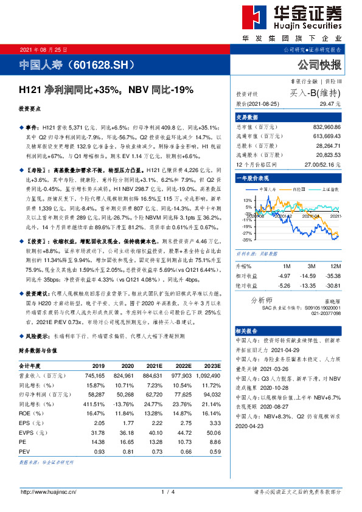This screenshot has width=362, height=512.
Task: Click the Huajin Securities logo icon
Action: tap(255, 19)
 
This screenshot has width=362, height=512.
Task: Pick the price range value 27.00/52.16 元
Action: tap(319, 165)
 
